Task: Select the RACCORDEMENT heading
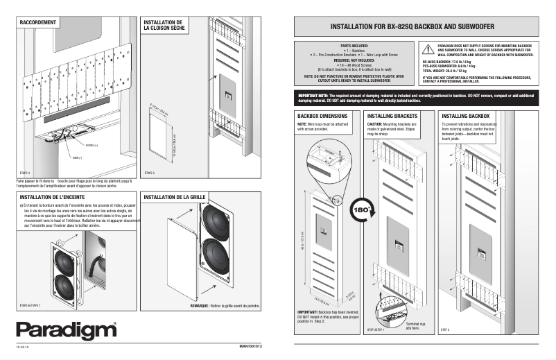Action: [37, 22]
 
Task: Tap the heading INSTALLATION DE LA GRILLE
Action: [173, 197]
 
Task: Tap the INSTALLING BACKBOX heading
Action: [466, 115]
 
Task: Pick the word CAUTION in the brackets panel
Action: [377, 124]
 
